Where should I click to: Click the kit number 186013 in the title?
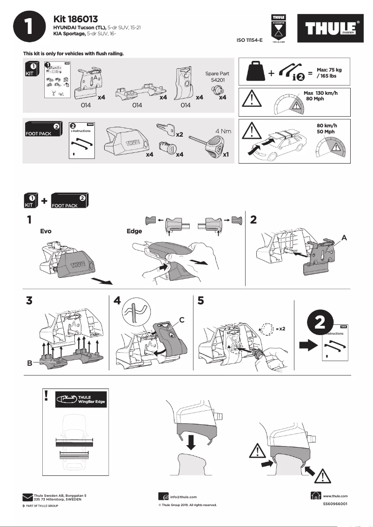83,19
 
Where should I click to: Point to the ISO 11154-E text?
250,40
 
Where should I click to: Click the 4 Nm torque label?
223,131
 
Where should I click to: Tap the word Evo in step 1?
46,231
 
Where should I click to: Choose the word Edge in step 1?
134,231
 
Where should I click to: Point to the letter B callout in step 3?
29,363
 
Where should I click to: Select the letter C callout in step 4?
182,319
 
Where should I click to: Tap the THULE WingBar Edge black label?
80,399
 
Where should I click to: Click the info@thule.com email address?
184,497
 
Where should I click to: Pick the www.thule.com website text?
335,496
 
